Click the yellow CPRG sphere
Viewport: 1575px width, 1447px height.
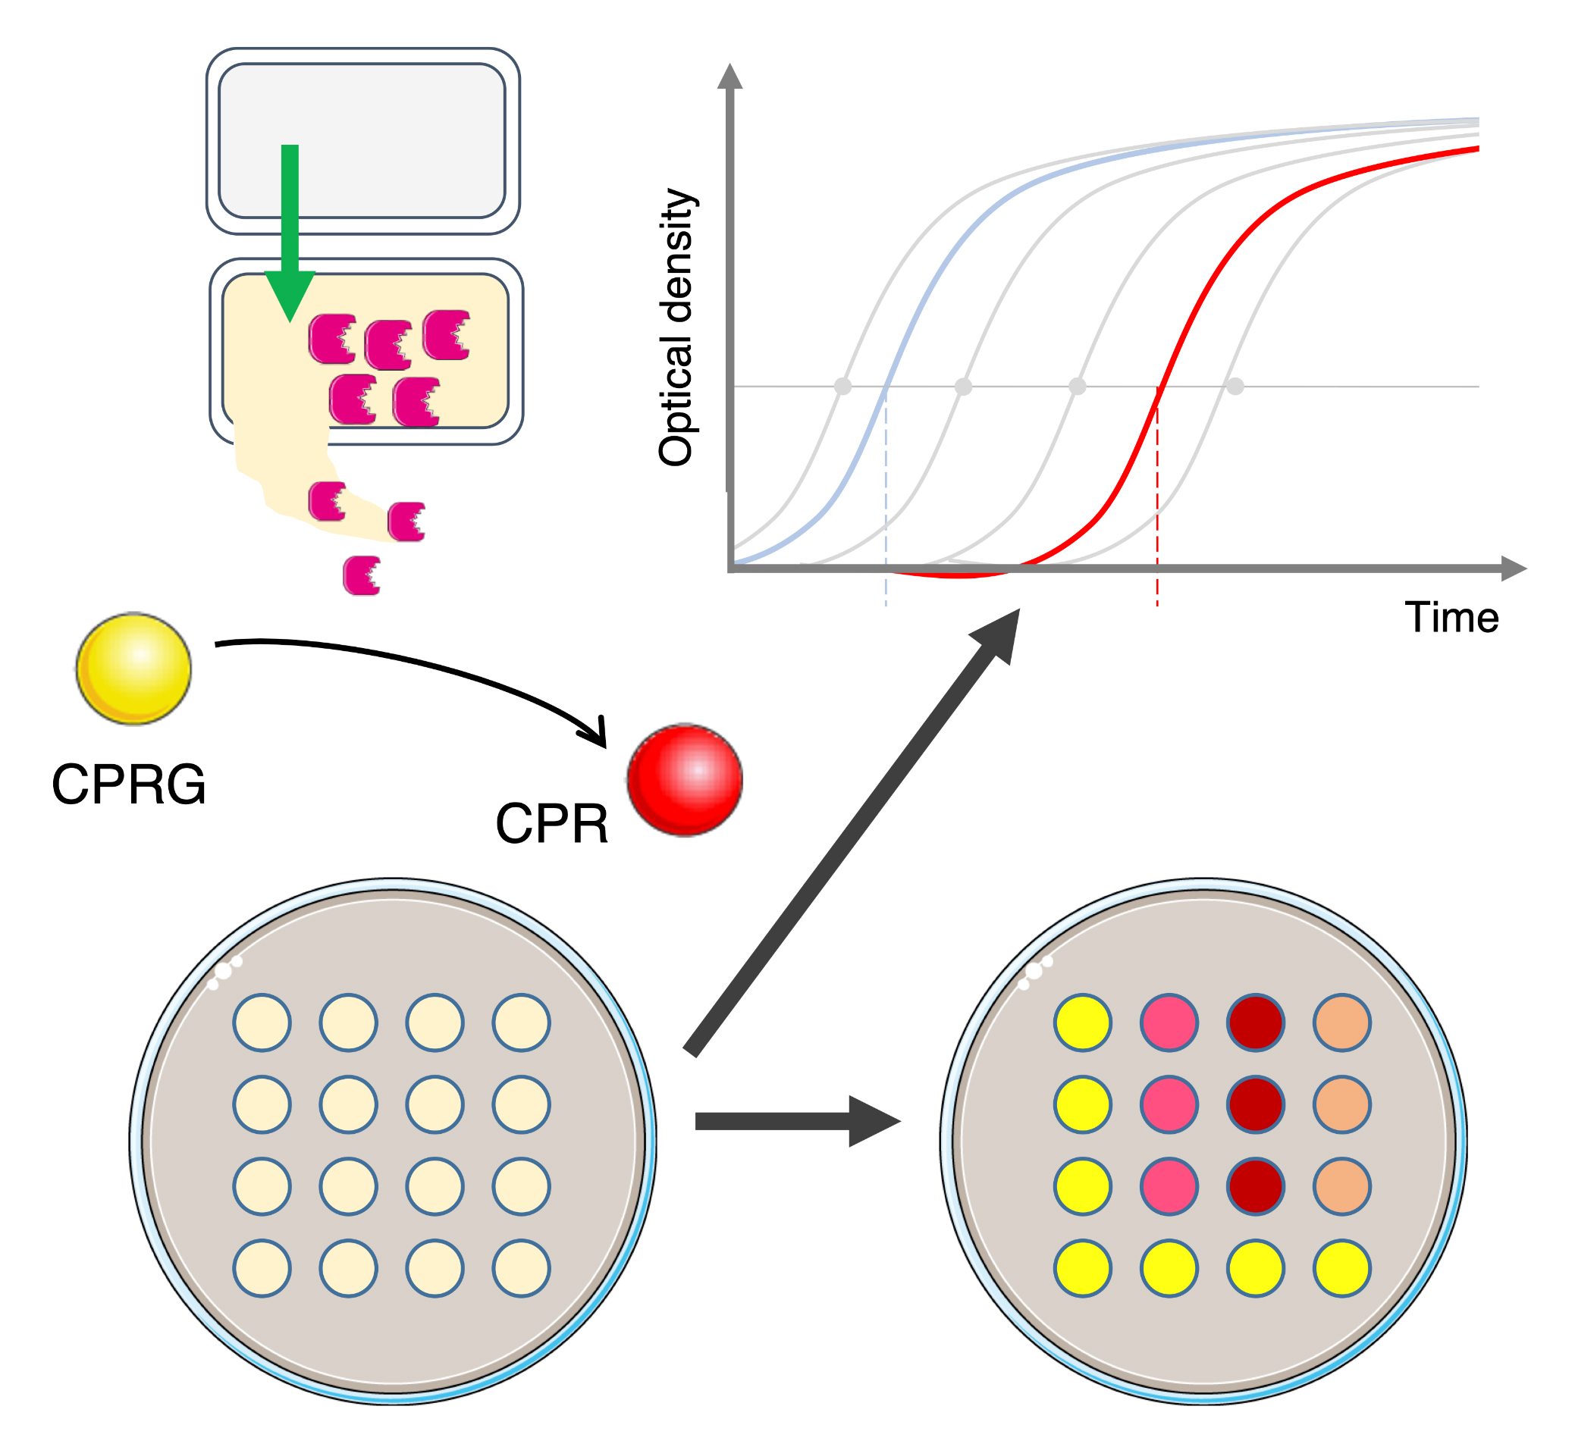[134, 669]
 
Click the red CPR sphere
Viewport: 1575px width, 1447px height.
[685, 780]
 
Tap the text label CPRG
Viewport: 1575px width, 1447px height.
[129, 785]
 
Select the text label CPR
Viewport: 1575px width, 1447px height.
[552, 824]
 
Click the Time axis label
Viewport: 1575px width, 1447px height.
[1451, 618]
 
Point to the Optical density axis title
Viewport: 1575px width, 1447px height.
[676, 327]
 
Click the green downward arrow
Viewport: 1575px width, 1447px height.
[290, 233]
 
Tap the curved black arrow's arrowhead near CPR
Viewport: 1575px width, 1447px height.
[595, 732]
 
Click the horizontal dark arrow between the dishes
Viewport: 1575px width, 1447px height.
[798, 1121]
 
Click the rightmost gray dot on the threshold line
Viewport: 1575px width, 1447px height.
[1235, 386]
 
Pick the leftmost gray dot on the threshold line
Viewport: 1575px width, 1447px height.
[842, 386]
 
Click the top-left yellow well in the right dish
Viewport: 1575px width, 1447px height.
[1082, 1023]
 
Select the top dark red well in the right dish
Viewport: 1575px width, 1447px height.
[1256, 1023]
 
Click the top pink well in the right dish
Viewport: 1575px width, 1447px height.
[1169, 1023]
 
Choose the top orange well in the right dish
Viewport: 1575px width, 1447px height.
[1341, 1023]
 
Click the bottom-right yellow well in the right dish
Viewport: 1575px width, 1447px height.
[1341, 1268]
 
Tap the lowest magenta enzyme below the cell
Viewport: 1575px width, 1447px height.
[362, 575]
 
